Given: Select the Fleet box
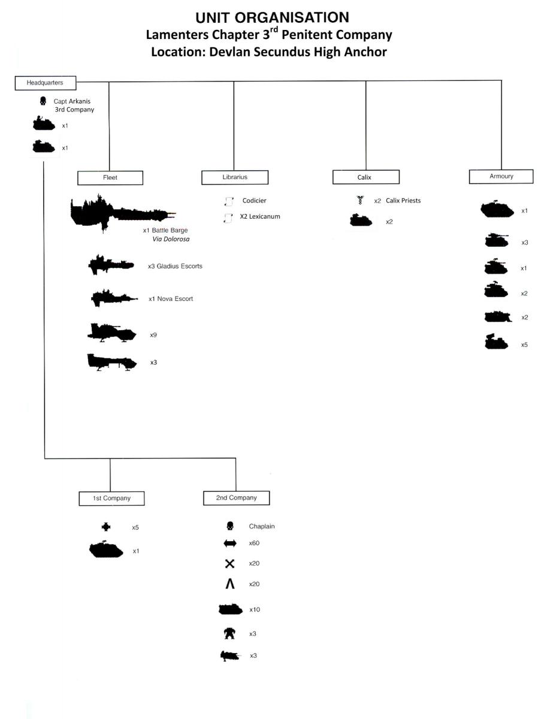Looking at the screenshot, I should (110, 178).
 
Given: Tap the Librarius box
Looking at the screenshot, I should (234, 177).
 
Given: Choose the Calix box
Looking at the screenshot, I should (365, 177).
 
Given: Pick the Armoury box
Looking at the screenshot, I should (501, 176).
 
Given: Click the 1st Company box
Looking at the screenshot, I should (113, 499).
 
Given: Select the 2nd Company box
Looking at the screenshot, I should (236, 498).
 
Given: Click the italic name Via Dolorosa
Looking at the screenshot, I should (171, 239).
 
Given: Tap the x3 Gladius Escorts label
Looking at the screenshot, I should (175, 266).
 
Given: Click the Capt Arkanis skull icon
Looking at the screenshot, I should (43, 102).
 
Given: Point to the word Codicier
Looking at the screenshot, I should (254, 201).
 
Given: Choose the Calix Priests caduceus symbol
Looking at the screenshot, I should (359, 201).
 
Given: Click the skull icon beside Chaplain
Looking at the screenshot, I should (229, 526).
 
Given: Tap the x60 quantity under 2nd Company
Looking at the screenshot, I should (255, 543).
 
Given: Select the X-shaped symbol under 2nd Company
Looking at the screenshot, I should (229, 564).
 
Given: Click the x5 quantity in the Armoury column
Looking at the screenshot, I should (524, 345).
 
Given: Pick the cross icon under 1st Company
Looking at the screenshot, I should (106, 527).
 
